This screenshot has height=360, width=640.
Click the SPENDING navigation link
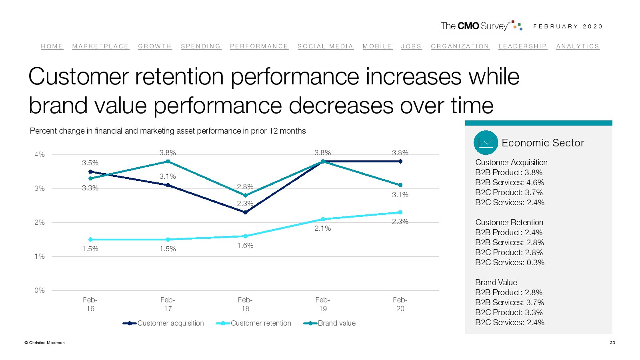pos(201,46)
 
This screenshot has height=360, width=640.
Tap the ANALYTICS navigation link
pos(578,46)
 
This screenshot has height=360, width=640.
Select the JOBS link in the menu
pos(411,46)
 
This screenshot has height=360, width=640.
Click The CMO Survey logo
pos(481,26)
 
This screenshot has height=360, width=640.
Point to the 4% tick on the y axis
pos(40,154)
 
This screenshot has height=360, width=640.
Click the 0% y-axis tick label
pos(40,290)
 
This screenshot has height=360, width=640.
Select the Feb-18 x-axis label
pos(245,304)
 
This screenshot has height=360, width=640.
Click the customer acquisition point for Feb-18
pos(245,212)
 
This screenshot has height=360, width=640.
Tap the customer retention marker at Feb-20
pos(400,212)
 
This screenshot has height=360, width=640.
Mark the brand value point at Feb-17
pos(168,162)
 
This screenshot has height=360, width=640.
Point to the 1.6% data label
pos(245,246)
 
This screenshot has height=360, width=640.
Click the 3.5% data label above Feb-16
pos(90,163)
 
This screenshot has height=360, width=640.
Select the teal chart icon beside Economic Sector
pos(486,143)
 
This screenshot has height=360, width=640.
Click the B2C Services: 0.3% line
pos(510,262)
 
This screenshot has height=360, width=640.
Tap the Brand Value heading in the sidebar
pos(496,282)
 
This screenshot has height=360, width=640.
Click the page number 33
pos(612,342)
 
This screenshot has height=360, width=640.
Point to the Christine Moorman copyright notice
pos(44,342)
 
